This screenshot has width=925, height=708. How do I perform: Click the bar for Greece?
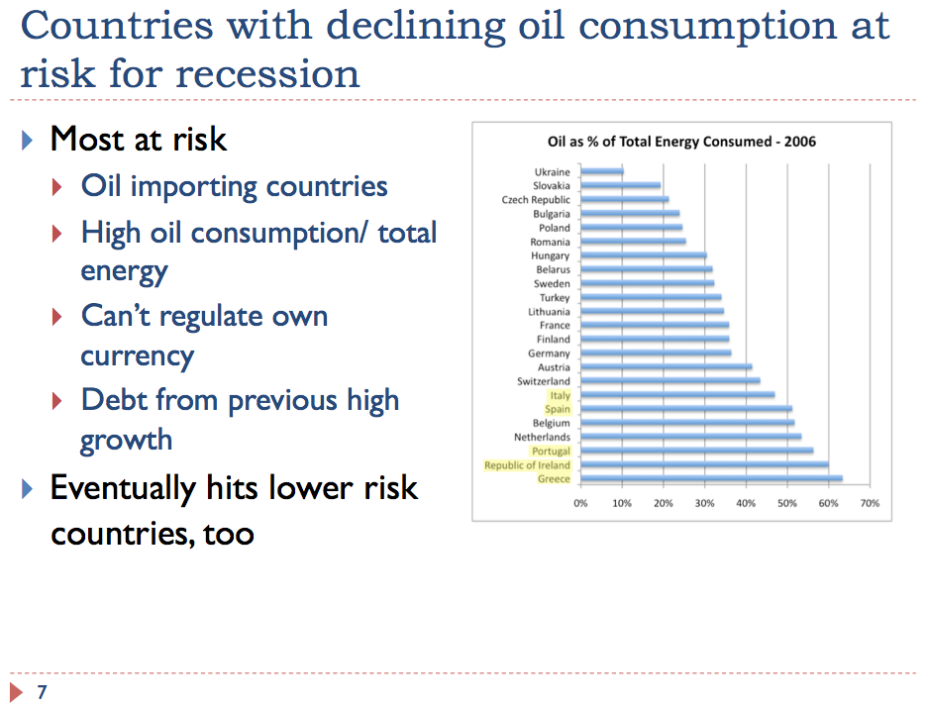coord(711,478)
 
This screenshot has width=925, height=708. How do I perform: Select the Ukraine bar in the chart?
coord(602,171)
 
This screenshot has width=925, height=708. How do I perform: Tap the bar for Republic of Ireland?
coord(704,465)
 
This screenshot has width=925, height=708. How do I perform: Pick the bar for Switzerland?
coord(670,380)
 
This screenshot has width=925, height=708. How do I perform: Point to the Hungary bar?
coord(644,254)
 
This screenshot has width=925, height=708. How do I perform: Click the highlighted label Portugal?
coord(551,452)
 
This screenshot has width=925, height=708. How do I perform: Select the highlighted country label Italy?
coord(560,395)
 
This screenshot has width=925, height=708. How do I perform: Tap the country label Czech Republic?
coord(536,200)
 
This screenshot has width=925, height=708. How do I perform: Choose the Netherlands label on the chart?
coord(542,438)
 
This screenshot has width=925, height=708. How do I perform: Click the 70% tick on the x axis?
coord(870,503)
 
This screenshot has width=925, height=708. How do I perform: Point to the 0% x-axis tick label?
coord(580,503)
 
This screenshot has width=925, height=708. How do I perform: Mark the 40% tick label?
coord(746,503)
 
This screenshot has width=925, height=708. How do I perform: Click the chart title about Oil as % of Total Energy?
coord(681,142)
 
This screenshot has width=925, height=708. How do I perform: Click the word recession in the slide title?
coord(267,75)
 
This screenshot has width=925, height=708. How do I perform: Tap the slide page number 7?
coord(42,691)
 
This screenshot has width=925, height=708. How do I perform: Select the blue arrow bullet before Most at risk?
coord(27,141)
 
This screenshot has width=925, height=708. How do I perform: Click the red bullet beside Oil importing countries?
coord(57,187)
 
